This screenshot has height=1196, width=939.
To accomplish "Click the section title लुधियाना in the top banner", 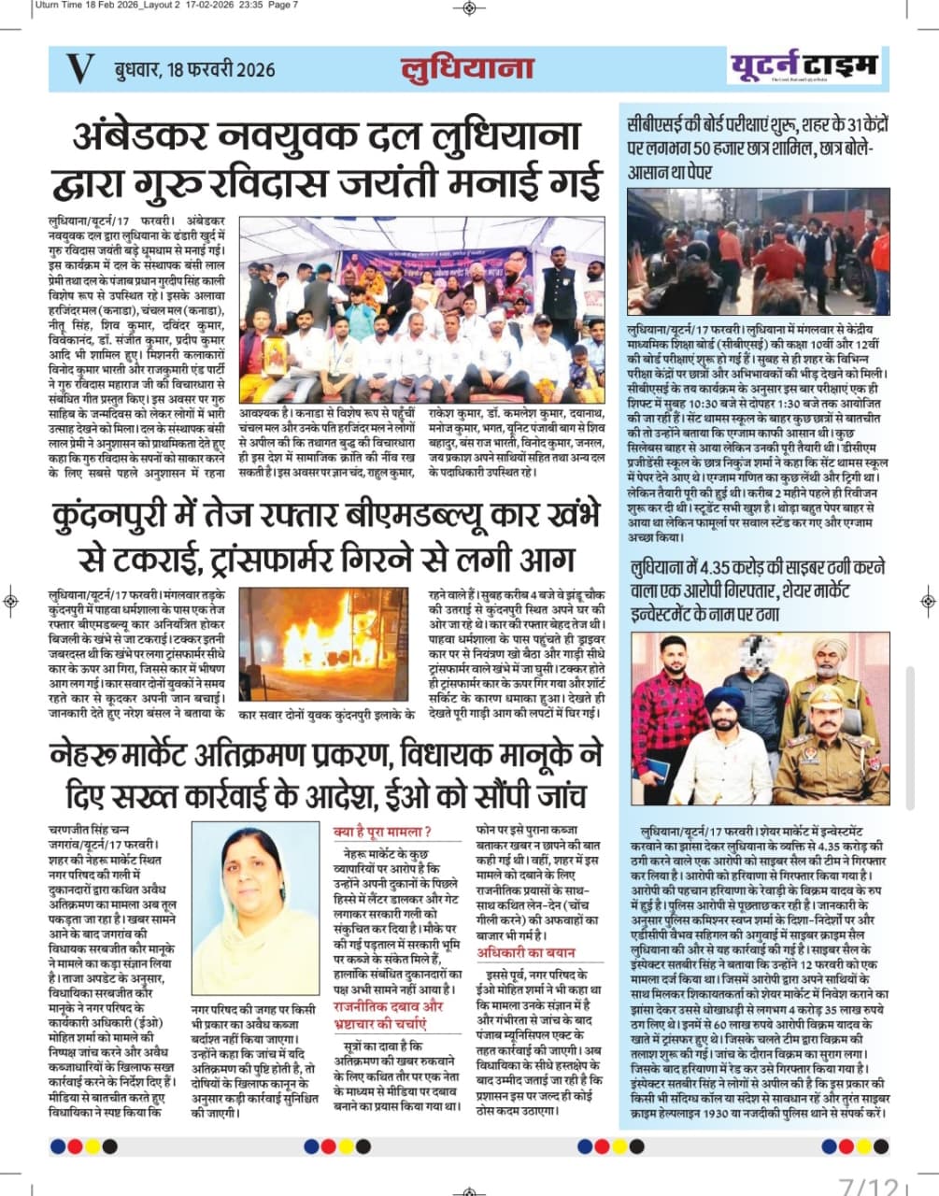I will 467,68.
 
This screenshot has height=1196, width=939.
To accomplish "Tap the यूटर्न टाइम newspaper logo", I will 803,66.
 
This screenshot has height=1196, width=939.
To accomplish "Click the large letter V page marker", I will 80,68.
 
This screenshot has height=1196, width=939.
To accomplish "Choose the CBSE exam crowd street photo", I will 758,251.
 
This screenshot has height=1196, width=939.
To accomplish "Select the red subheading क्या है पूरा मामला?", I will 382,832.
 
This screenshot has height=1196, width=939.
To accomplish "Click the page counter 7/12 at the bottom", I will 869,1184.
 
